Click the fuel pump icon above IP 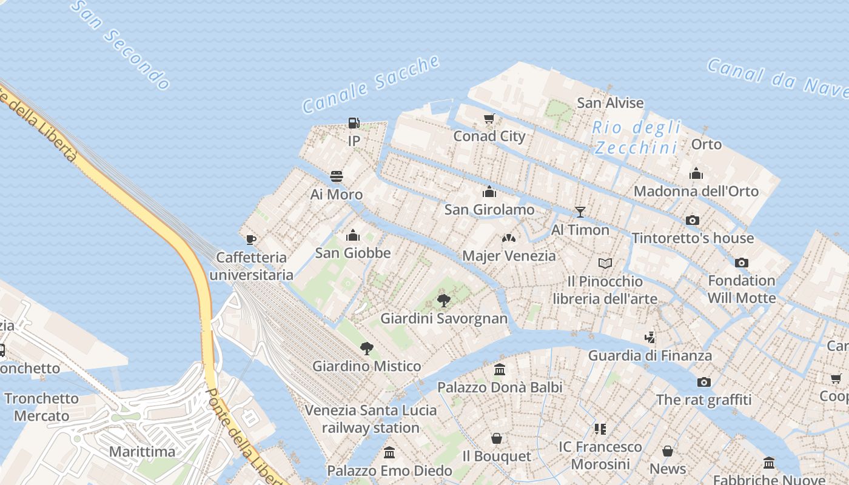click(x=354, y=123)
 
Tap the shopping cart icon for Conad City click(x=489, y=118)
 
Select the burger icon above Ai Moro click(x=337, y=176)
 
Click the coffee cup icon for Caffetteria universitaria click(x=250, y=239)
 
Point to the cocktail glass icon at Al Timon click(x=580, y=212)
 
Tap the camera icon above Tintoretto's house click(x=693, y=220)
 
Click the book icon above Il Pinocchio click(x=605, y=263)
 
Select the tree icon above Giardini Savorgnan click(x=444, y=300)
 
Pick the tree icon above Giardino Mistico click(x=366, y=348)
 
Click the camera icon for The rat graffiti click(x=703, y=382)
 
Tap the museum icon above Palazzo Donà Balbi click(x=500, y=369)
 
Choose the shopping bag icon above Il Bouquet click(x=497, y=438)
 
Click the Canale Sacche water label click(x=371, y=84)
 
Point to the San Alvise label click(x=610, y=103)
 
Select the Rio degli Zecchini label click(x=636, y=138)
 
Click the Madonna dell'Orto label click(x=696, y=192)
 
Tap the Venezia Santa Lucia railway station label click(x=371, y=419)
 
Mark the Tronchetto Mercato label click(x=42, y=407)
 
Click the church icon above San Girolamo click(x=489, y=192)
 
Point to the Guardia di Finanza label click(x=650, y=355)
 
